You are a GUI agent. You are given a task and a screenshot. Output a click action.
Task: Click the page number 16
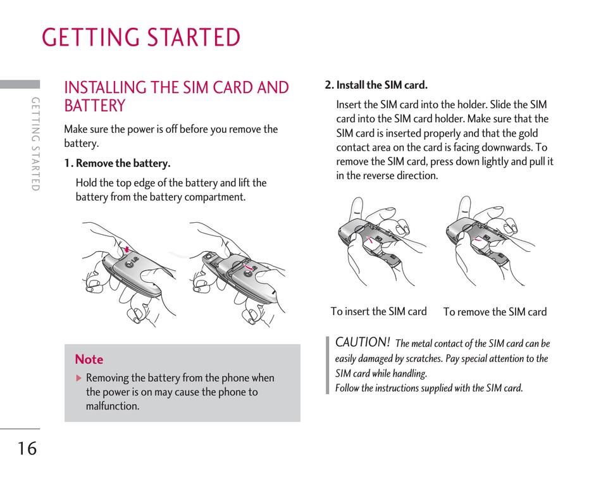pyautogui.click(x=27, y=449)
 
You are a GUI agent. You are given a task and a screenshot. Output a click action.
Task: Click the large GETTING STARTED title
pyautogui.click(x=141, y=38)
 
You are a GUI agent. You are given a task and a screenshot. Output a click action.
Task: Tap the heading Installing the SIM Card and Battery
pyautogui.click(x=177, y=96)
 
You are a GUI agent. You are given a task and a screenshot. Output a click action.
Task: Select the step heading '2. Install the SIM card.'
pyautogui.click(x=376, y=85)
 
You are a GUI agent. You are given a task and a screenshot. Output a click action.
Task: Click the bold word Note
pyautogui.click(x=89, y=359)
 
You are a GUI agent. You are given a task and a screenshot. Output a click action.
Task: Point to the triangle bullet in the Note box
pyautogui.click(x=79, y=378)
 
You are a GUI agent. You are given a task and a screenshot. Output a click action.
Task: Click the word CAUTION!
pyautogui.click(x=362, y=342)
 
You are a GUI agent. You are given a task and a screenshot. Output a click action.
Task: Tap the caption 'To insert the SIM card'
pyautogui.click(x=378, y=311)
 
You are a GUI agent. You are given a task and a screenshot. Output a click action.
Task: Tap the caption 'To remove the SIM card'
pyautogui.click(x=495, y=312)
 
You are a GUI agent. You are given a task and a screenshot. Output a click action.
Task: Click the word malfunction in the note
pyautogui.click(x=113, y=406)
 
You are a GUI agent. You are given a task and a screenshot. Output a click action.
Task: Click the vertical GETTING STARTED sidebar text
pyautogui.click(x=35, y=144)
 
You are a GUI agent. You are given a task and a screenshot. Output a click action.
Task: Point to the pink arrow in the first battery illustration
pyautogui.click(x=127, y=249)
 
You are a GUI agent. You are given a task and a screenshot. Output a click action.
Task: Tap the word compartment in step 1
pyautogui.click(x=214, y=197)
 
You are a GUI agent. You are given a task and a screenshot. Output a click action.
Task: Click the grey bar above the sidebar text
pyautogui.click(x=20, y=84)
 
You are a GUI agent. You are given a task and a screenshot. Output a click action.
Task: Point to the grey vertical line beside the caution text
pyautogui.click(x=328, y=366)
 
